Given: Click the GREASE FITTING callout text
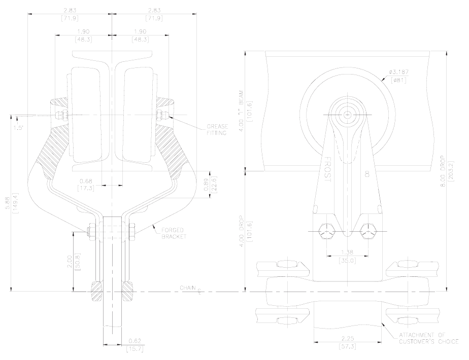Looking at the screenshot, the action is (x=217, y=130).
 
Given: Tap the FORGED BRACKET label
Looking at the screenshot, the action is (x=174, y=233).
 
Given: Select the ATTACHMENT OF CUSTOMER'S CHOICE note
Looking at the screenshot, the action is (x=428, y=339).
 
